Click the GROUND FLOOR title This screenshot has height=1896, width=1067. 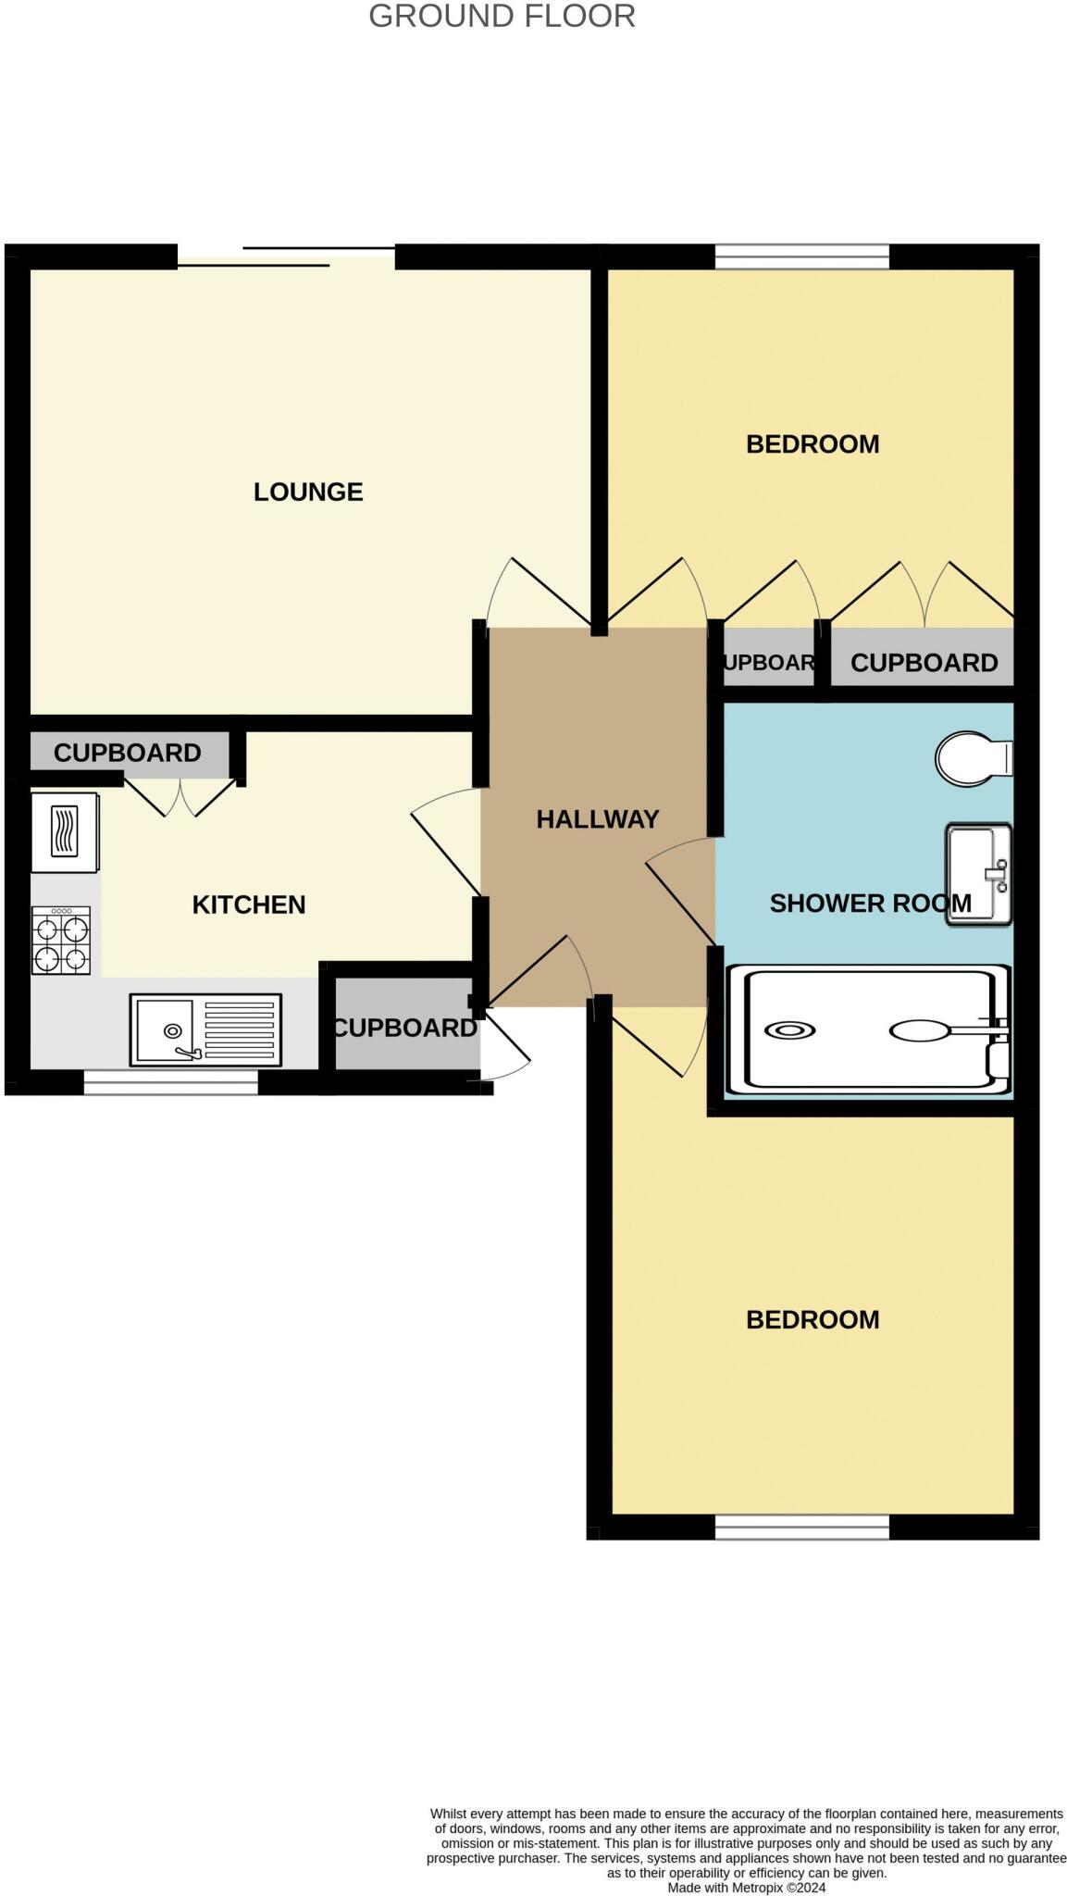tap(502, 16)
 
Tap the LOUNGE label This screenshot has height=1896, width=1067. tap(308, 492)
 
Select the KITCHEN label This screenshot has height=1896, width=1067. tap(249, 904)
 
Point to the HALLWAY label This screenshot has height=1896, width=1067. tap(598, 818)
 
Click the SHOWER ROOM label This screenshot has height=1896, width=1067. tap(871, 903)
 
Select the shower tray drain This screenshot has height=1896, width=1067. tap(790, 1030)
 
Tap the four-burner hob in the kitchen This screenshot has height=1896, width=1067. tap(62, 940)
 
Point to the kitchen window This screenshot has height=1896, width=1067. tap(171, 1082)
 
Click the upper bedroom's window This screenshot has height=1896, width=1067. tap(802, 256)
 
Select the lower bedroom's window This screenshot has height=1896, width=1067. tap(802, 1527)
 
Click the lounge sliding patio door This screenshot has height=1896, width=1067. tap(286, 256)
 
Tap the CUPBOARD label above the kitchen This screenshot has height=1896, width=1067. tap(128, 753)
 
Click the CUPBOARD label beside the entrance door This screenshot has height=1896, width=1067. tap(405, 1028)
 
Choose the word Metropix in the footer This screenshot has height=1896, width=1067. tap(757, 1887)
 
